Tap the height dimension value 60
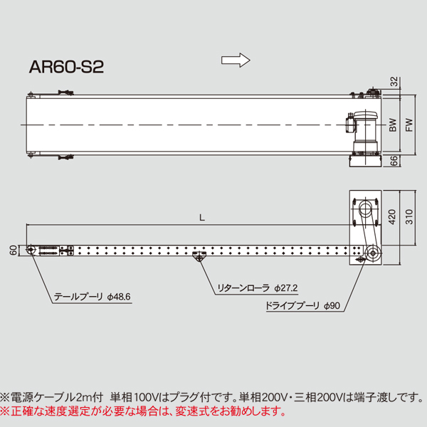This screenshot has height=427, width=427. point(12,251)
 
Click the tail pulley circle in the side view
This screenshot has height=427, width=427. point(32,251)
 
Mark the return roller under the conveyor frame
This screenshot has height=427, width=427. point(198,260)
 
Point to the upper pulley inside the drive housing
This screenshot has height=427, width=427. point(365,210)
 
